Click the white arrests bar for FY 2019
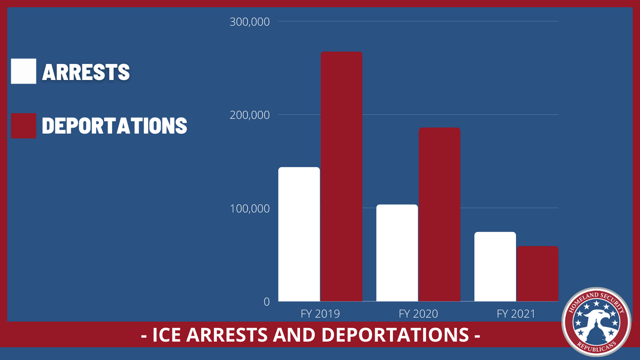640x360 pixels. (x=299, y=234)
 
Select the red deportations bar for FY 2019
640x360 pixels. (x=341, y=176)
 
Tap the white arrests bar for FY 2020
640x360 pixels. (x=397, y=253)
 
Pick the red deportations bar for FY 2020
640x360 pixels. (x=440, y=214)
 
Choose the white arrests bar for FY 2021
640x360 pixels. (x=495, y=266)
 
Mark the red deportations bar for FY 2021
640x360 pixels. (x=538, y=274)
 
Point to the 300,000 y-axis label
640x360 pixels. (x=250, y=22)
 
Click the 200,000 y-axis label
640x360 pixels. (x=250, y=115)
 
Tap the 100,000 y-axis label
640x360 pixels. (x=250, y=208)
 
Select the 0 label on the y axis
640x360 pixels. (x=267, y=302)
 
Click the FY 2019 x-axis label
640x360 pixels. (x=320, y=314)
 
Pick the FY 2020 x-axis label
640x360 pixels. (x=418, y=314)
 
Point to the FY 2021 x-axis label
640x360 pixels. (x=516, y=314)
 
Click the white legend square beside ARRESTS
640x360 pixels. (x=24, y=71)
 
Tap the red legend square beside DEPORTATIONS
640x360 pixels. (x=24, y=126)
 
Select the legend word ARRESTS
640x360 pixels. (x=86, y=72)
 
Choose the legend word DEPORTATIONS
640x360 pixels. (x=114, y=126)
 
